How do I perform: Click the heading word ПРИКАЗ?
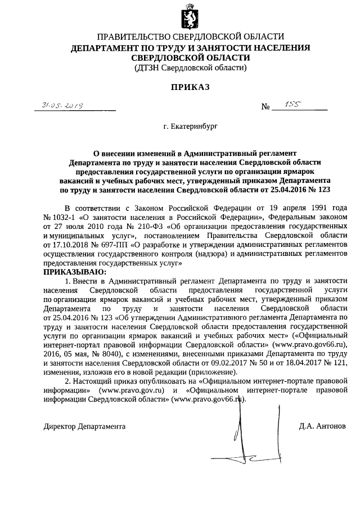(190, 88)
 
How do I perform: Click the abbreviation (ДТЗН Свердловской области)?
(190, 68)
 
